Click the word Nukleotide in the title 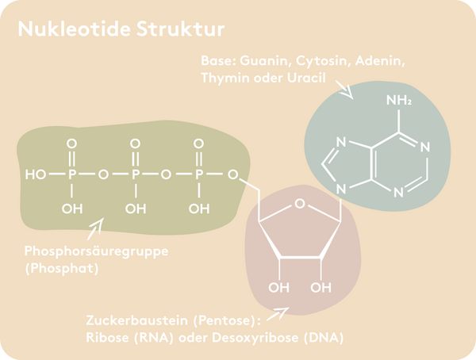(75, 29)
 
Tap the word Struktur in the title (181, 29)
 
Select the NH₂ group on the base (399, 100)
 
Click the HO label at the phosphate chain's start (36, 174)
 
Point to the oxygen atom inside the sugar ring (300, 203)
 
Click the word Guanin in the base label (263, 61)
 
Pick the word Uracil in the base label (306, 78)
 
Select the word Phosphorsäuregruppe (96, 251)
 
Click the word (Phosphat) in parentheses (62, 268)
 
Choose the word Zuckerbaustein (137, 320)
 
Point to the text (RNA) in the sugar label (154, 338)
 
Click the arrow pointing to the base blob (344, 90)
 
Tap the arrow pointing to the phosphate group (95, 229)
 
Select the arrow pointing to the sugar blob (278, 314)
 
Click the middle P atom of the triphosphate (136, 174)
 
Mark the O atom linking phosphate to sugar (232, 174)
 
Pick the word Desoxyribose (255, 338)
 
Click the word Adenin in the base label (380, 61)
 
